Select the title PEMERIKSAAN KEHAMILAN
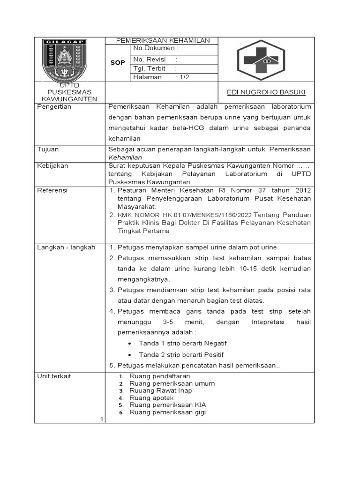point(163,41)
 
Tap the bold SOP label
point(117,63)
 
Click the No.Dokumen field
point(156,48)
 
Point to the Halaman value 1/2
point(182,77)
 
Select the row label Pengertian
point(54,107)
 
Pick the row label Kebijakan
point(52,166)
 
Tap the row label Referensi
point(52,190)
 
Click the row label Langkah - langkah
point(66,247)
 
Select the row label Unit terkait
point(54,376)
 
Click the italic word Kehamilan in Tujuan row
point(125,157)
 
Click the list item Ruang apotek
point(151,398)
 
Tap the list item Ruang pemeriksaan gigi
point(167,412)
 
